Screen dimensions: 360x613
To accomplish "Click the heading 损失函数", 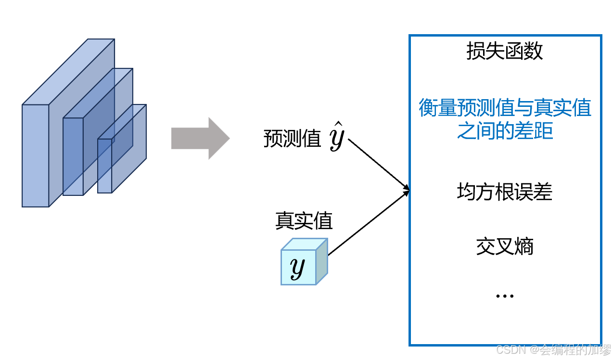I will tap(504, 51).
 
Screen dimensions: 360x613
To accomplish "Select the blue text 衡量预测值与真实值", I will tap(505, 108).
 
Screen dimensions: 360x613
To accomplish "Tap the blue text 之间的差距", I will tap(505, 130).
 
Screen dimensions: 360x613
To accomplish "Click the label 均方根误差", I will tap(504, 192).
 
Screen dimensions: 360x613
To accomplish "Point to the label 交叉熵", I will tap(504, 247).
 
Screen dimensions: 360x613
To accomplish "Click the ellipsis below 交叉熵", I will tap(504, 296).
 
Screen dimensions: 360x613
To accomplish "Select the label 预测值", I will tap(292, 139).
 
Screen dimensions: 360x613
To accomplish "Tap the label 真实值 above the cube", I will tap(304, 221).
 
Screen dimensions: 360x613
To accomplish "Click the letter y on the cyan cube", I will tap(298, 268).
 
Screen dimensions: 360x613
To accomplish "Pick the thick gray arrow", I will tap(200, 139).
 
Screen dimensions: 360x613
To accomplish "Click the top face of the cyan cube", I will tap(304, 244).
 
